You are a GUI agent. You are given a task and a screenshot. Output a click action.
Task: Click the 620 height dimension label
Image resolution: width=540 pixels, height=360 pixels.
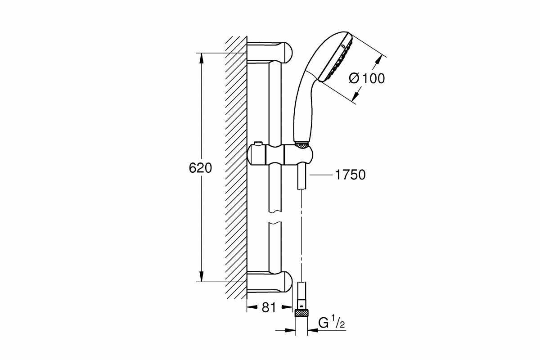point(200,168)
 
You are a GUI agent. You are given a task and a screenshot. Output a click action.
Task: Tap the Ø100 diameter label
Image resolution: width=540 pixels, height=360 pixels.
point(367,78)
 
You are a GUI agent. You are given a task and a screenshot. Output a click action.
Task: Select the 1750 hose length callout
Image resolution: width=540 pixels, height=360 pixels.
point(350,175)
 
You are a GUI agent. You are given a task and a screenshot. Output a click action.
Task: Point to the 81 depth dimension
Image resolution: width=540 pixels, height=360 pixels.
point(268,308)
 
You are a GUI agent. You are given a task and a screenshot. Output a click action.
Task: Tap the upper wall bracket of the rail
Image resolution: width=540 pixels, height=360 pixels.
point(270,53)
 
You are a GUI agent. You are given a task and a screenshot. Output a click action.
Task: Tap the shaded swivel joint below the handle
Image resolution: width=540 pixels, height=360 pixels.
point(301,145)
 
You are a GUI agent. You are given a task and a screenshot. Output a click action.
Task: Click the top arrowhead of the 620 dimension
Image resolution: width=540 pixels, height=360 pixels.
point(201,58)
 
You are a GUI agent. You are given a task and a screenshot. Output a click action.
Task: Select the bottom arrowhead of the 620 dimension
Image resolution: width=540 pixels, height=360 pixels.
point(201,277)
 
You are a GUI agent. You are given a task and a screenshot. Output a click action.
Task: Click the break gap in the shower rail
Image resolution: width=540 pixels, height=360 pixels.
point(274,217)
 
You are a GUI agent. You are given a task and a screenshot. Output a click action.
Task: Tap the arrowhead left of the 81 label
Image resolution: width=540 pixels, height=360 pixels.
point(252,308)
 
